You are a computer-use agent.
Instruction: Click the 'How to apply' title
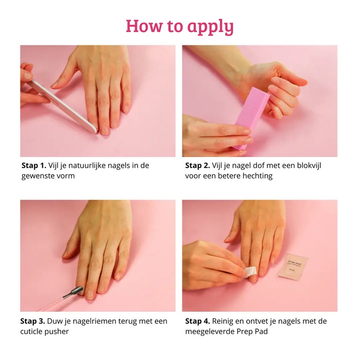[x=180, y=26]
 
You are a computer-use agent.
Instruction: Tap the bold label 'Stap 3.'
[x=32, y=321]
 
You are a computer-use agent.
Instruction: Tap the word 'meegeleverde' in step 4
[x=210, y=332]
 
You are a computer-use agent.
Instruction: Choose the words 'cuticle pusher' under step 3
[x=45, y=332]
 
